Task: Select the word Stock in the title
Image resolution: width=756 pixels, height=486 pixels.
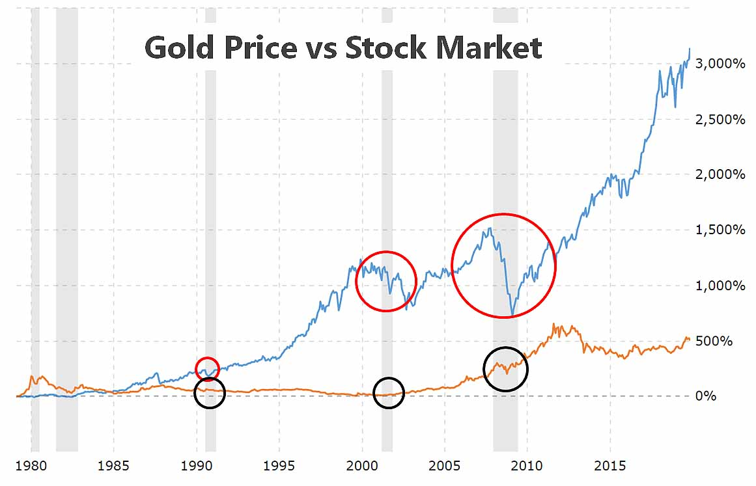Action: coord(384,48)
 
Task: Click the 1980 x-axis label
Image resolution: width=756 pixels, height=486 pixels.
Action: coord(31,466)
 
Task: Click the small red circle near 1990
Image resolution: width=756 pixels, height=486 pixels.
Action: coord(207,369)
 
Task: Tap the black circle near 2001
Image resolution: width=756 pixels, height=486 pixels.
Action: coord(389,392)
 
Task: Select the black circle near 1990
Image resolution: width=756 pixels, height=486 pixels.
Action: coord(209,392)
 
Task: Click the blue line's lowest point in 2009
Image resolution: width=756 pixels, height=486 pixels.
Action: coord(512,316)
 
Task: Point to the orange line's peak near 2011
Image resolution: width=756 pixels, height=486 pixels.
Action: coord(554,324)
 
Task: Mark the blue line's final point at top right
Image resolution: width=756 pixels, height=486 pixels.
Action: coord(690,49)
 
